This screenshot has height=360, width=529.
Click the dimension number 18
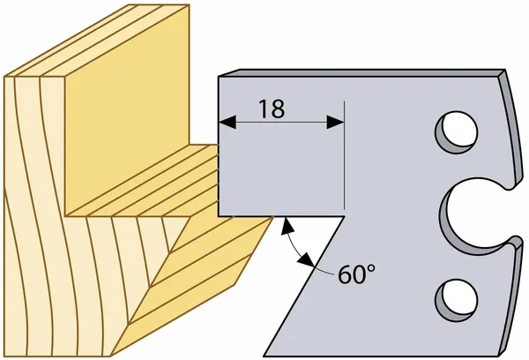coord(272,109)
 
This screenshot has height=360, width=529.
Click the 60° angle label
coord(356,274)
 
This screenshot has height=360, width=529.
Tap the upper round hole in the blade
coord(457,131)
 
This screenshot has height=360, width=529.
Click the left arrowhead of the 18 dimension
coord(227,123)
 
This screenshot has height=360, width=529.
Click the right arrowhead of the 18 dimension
coord(335,123)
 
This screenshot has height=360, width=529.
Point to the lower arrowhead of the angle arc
coord(307,259)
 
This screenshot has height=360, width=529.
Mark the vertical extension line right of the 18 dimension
coord(344,155)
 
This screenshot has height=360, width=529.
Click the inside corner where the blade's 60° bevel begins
coord(344,216)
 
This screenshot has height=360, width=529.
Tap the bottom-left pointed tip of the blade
coord(264,356)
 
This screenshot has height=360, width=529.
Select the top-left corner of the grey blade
coord(219,78)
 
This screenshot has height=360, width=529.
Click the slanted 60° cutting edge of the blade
coord(304,286)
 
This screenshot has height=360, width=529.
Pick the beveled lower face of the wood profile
coord(192,287)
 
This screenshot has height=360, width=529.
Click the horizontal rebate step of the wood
coord(142,181)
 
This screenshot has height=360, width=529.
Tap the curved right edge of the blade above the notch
coord(511,128)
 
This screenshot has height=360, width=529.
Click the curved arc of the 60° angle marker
coord(294,244)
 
